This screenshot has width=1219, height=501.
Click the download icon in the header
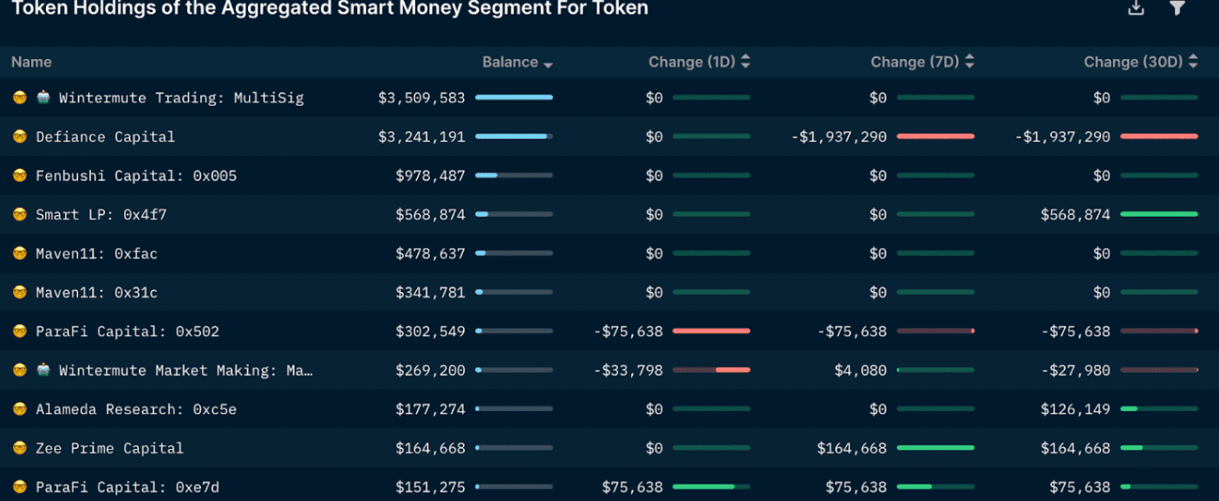click(1136, 8)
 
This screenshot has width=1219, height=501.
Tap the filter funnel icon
click(1177, 8)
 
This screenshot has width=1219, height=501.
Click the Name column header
click(31, 62)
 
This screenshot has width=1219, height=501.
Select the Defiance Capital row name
click(105, 137)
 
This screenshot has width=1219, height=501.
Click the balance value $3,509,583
click(421, 98)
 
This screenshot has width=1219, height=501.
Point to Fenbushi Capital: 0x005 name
click(136, 176)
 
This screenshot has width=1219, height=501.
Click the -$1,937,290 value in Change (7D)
click(838, 137)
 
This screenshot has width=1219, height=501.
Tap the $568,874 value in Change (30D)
click(1075, 215)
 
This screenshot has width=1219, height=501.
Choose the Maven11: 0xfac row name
click(96, 254)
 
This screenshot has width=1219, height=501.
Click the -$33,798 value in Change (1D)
click(629, 371)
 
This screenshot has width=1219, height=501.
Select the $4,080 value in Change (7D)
click(860, 371)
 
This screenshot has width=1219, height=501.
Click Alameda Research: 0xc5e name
click(136, 409)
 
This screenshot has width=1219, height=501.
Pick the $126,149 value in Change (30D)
click(1075, 409)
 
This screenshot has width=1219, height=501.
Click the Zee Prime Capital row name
click(109, 448)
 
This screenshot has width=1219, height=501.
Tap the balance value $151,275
click(430, 487)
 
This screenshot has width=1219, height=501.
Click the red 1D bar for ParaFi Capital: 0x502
click(711, 331)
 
